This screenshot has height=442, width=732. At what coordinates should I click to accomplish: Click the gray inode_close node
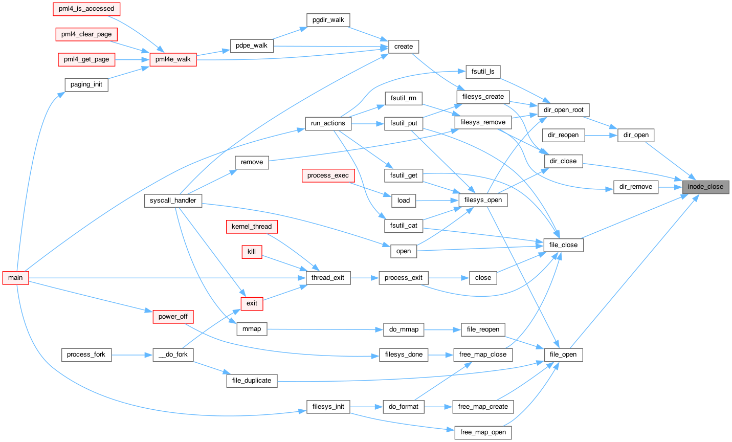pos(705,187)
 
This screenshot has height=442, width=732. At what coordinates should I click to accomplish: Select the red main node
pos(16,278)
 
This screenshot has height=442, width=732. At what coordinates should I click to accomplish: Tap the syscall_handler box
pos(173,201)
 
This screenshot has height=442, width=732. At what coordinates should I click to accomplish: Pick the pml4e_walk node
pos(173,59)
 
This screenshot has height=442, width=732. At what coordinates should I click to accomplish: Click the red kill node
pos(252,252)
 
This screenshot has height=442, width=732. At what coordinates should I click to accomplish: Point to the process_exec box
pos(328,175)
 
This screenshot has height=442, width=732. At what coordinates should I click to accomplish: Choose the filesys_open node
pos(483,200)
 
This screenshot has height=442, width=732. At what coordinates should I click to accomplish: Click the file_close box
pos(563,245)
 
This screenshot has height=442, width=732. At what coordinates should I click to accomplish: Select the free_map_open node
pos(483,432)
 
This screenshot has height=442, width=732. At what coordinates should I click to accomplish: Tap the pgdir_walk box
pos(328,20)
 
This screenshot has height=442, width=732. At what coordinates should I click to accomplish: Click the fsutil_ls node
pos(483,72)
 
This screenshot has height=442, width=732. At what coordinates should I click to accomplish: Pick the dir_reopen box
pos(563,135)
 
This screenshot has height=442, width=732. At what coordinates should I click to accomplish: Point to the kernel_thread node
pos(252,227)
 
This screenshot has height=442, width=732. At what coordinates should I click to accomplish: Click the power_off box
pos(173,317)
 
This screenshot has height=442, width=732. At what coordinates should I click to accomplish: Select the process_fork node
pos(86,355)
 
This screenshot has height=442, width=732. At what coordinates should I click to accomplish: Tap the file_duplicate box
pos(252,381)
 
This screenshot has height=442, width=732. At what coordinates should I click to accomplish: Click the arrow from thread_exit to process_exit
pos(365,278)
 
